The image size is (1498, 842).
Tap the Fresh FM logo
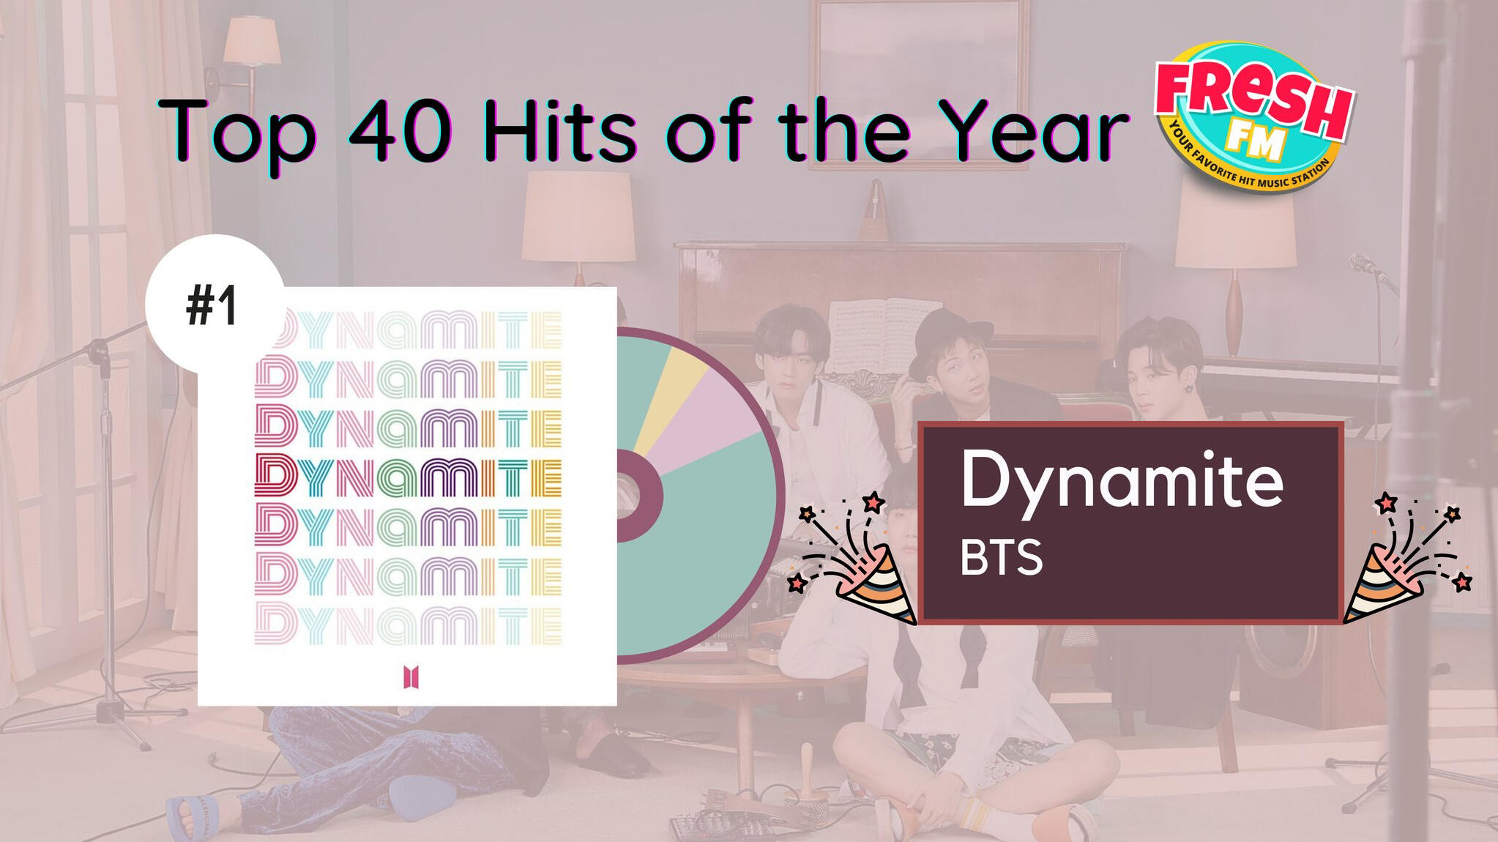click(1253, 117)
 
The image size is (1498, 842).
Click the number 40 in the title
click(399, 131)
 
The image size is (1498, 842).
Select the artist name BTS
click(1001, 558)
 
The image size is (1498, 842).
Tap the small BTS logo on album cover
click(411, 677)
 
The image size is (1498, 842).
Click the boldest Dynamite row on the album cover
click(408, 476)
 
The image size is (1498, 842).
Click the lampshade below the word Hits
click(578, 217)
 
